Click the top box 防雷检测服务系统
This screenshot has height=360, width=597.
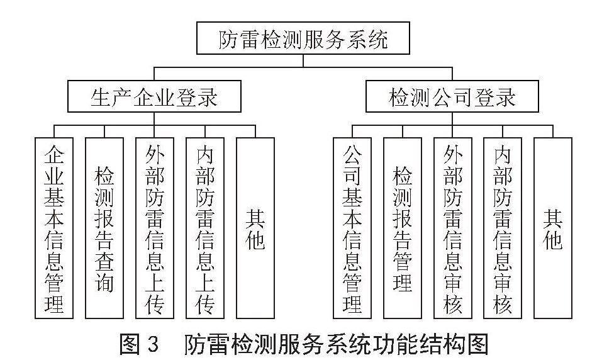coord(303,38)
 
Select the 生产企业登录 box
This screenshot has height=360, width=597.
coord(154,96)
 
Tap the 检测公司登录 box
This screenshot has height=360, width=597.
coord(452,96)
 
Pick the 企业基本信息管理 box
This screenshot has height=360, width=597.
coord(54,228)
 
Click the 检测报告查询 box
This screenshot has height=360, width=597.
coord(104,228)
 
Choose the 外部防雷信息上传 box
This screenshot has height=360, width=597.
coord(155,228)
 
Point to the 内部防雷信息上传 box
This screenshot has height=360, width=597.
coord(205,228)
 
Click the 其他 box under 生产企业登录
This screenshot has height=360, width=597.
coord(255,228)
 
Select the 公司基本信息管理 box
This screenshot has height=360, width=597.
coord(352,228)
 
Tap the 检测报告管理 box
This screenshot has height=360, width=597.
coord(403,228)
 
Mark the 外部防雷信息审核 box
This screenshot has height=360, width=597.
coord(453,228)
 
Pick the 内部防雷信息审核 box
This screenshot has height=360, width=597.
coord(503,228)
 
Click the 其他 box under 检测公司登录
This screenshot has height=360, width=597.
coord(553,228)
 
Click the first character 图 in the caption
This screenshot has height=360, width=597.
coord(130,344)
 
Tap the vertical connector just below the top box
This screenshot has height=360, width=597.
coord(303,61)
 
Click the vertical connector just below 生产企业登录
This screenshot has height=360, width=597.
coord(154,119)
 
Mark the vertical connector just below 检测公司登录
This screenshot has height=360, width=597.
coord(452,119)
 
